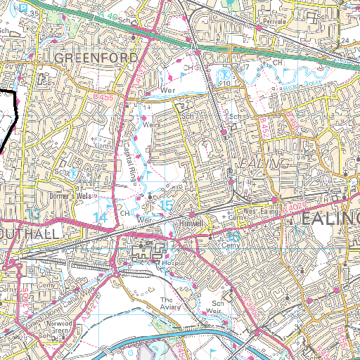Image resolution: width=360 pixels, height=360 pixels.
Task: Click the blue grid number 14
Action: pos(101,218)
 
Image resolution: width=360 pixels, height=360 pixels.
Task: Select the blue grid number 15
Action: pos(166,205)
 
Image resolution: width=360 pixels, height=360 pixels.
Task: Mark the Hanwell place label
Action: pos(191,222)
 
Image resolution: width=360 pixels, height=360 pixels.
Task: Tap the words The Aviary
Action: pos(172,303)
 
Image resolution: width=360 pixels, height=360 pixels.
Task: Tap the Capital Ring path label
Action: pos(129,158)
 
